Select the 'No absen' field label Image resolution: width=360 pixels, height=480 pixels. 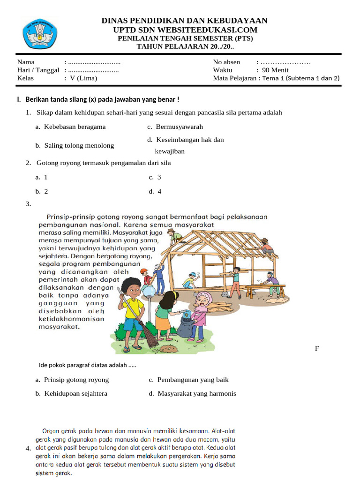coord(226,62)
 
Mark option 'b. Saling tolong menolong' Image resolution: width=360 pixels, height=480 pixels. coord(75,145)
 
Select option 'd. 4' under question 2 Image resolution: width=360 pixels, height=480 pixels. coord(155,191)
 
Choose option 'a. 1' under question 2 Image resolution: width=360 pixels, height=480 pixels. coord(42,177)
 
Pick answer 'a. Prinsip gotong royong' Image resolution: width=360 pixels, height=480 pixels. coord(72,380)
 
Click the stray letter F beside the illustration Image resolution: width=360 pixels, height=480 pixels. coord(317,348)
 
